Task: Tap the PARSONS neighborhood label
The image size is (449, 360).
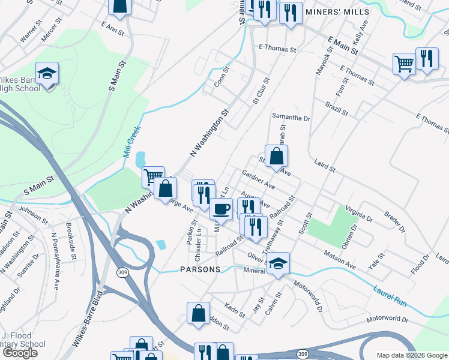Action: click(200, 270)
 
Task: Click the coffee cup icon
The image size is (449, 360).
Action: click(221, 209)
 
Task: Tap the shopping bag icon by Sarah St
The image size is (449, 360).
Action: click(276, 157)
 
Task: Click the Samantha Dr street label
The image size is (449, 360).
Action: click(291, 118)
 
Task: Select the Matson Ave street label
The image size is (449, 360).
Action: click(340, 262)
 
